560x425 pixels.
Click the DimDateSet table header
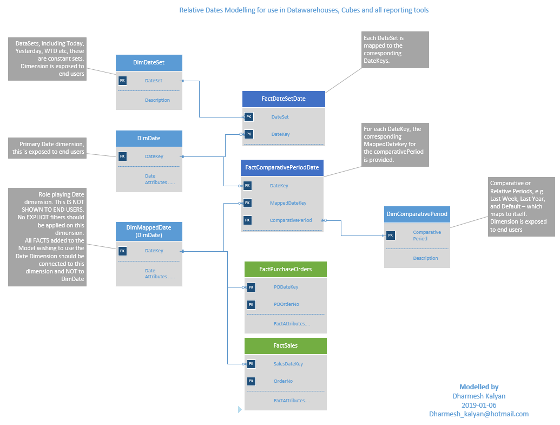[x=149, y=62]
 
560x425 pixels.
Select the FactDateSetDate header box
[x=284, y=99]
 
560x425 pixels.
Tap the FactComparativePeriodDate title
[x=282, y=168]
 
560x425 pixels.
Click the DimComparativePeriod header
[x=417, y=214]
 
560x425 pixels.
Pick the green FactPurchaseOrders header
[x=286, y=269]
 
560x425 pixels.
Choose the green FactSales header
[x=286, y=345]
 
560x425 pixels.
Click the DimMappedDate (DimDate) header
[x=149, y=232]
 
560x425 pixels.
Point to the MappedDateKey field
[x=288, y=203]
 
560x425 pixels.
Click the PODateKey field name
[x=286, y=287]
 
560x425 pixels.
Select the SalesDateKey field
[x=288, y=364]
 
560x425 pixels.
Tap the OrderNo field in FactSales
[x=283, y=381]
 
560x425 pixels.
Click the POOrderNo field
[x=286, y=304]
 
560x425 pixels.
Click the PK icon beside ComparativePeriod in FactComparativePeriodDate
[x=247, y=220]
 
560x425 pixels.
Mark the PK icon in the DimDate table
[x=122, y=156]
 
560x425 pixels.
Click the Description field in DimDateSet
[x=157, y=100]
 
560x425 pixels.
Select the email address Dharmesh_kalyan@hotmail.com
[x=478, y=414]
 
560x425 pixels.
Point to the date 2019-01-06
[x=478, y=405]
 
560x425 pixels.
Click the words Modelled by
[x=478, y=387]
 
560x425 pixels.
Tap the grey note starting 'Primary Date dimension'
[x=48, y=148]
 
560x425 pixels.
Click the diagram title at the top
[x=304, y=10]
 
